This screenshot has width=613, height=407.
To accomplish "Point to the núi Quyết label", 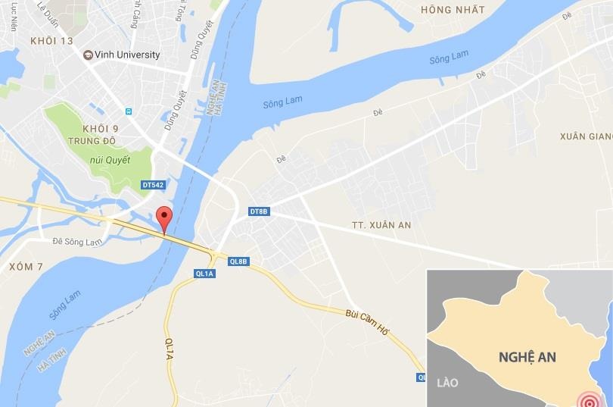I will (x=110, y=160).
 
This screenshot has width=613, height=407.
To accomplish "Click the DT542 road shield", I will (x=152, y=184).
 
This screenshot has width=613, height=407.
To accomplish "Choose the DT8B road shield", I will (x=259, y=211).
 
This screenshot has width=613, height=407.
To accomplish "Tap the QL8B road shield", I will (x=238, y=261).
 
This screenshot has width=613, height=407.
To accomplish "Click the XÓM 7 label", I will (x=26, y=267).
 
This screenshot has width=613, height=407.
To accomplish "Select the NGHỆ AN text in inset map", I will (x=527, y=356).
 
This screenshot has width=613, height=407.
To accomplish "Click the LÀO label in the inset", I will (x=448, y=383).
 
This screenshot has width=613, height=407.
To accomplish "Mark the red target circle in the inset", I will (x=587, y=399).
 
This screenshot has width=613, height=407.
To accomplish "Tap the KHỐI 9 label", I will (x=101, y=128).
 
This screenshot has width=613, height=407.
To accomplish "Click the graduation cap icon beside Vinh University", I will (x=88, y=55).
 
